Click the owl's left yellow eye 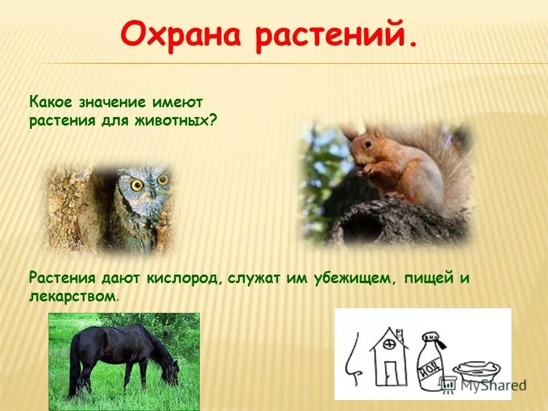137,184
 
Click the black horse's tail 74,365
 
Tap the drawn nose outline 353,360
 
